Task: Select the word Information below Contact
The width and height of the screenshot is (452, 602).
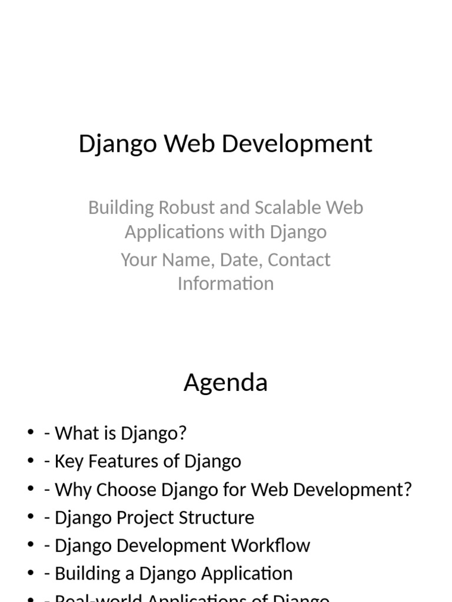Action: [225, 283]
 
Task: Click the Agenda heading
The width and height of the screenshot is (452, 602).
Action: [225, 383]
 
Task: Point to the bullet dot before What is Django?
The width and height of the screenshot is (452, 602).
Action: [31, 433]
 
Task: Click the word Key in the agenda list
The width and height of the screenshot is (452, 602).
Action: [67, 461]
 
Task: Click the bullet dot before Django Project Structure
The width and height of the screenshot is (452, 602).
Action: [31, 517]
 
